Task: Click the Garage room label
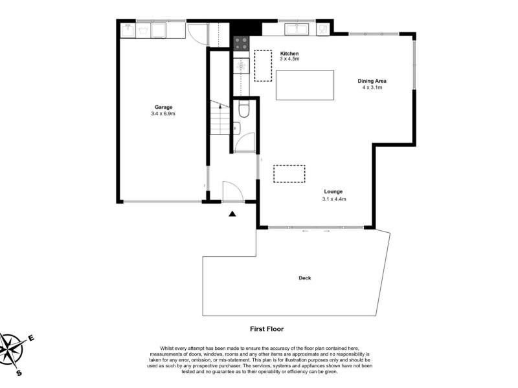pos(164,107)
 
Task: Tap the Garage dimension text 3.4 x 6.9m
pos(163,114)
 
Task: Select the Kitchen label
pos(289,54)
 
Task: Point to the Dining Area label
pos(372,81)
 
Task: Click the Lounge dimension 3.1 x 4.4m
pos(334,199)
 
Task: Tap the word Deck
pos(304,278)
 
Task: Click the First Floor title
pos(267,329)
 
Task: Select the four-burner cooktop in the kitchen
pos(241,43)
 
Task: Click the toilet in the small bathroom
pos(244,109)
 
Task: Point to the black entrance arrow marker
pos(232,214)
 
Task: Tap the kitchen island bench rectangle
pos(304,85)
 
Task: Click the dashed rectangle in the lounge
pos(289,173)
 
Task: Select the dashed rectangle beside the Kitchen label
pos(263,65)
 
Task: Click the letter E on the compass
pos(31,338)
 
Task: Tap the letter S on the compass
pos(19,373)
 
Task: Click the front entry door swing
pos(233,191)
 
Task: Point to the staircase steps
pos(220,118)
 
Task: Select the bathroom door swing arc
pos(245,142)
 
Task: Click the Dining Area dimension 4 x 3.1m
pos(372,87)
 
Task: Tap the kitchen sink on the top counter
pos(297,29)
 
